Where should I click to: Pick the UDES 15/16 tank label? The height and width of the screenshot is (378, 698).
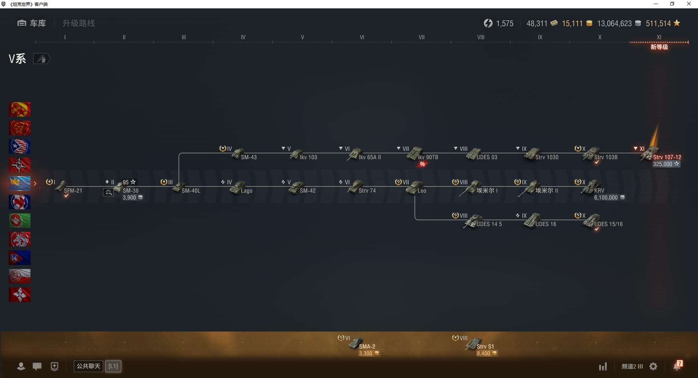coord(608,224)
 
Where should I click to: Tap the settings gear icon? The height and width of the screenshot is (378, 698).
coord(653,366)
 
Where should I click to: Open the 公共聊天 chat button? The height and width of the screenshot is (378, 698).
coord(88,366)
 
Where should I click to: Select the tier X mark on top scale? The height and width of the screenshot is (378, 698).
coord(599,37)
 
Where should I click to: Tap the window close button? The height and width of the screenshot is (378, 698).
coord(689,4)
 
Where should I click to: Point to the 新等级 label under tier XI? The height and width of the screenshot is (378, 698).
coord(659,47)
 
